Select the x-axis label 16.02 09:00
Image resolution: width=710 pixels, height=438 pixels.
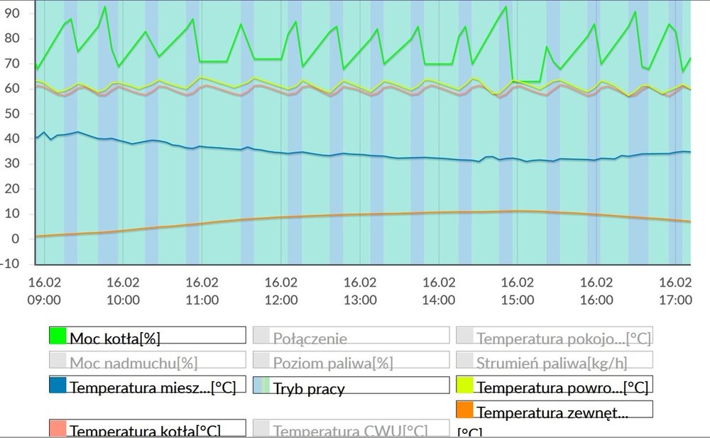(x=44, y=290)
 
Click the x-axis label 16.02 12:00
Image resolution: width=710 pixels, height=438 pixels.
(x=281, y=290)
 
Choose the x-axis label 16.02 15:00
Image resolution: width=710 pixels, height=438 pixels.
(x=518, y=290)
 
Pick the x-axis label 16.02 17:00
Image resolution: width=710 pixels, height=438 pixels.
(x=675, y=290)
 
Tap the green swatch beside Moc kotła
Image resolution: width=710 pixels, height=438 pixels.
(x=58, y=336)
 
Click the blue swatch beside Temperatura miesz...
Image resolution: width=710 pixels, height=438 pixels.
(x=58, y=385)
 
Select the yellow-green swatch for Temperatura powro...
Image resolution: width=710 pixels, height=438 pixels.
(x=464, y=385)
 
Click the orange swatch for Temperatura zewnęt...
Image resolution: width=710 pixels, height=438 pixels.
(x=464, y=410)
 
